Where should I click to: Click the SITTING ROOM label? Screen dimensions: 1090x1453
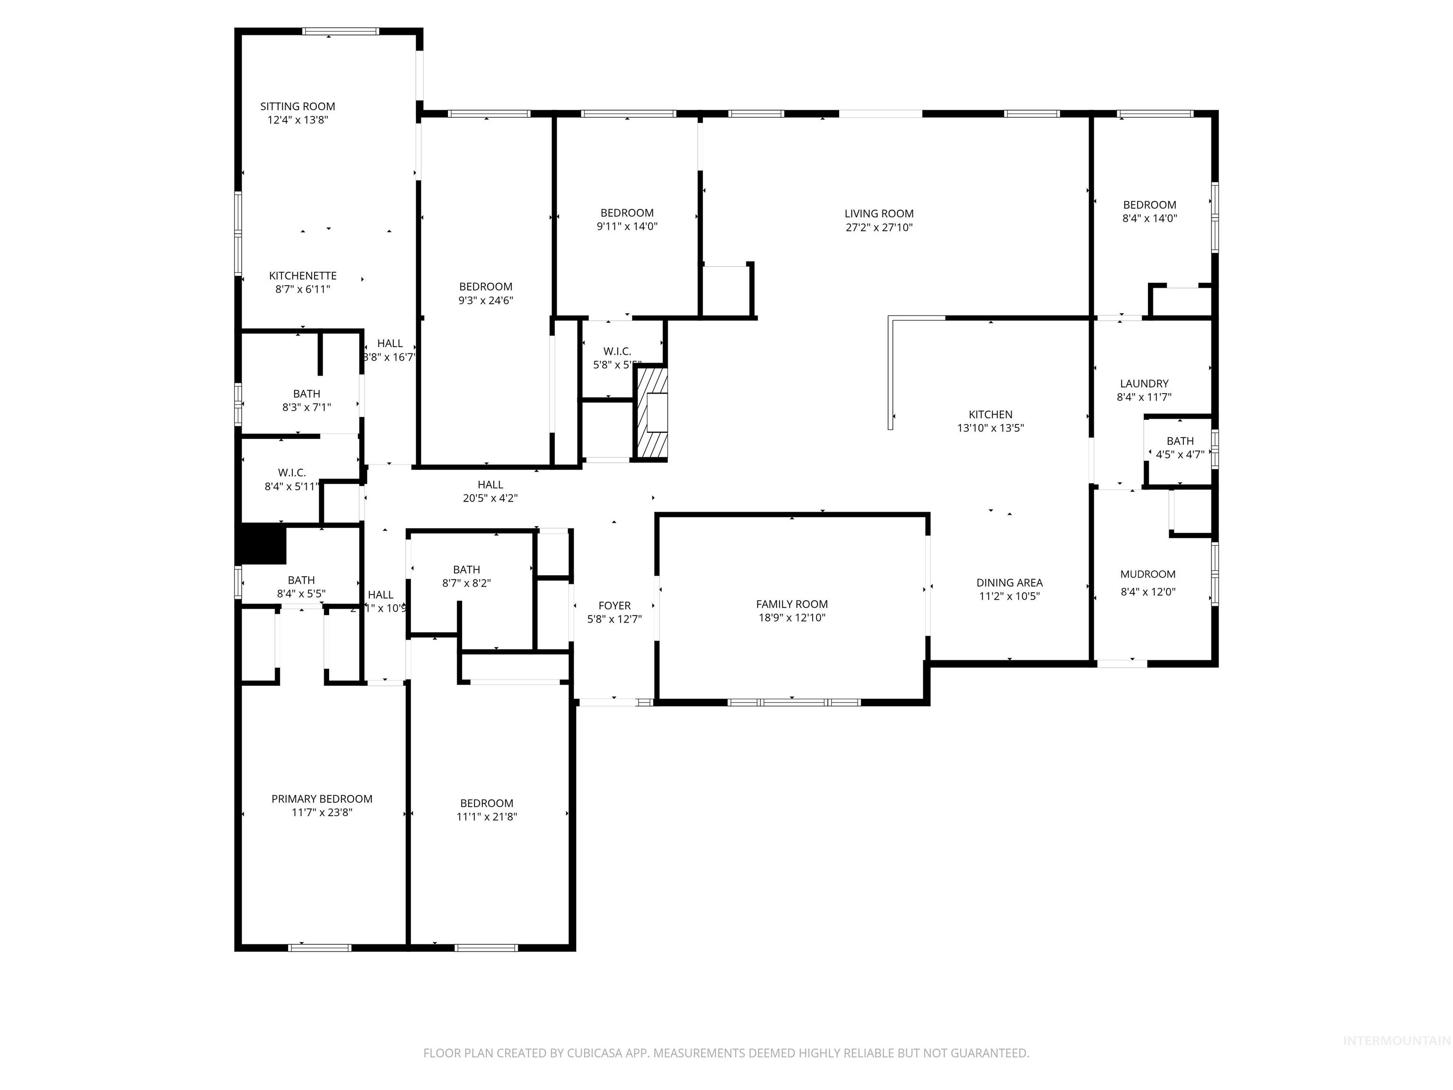pyautogui.click(x=298, y=106)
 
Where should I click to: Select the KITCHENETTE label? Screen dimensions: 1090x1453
pyautogui.click(x=303, y=276)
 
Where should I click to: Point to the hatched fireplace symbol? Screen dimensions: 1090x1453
pyautogui.click(x=652, y=413)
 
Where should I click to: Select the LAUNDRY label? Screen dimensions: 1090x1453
pyautogui.click(x=1144, y=384)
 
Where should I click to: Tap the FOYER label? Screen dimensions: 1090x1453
pyautogui.click(x=614, y=606)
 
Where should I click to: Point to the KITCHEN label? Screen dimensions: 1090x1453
pyautogui.click(x=990, y=414)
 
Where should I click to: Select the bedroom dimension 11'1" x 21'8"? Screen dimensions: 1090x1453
pyautogui.click(x=487, y=817)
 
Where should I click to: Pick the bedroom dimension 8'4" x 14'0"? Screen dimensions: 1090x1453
pyautogui.click(x=1149, y=218)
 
